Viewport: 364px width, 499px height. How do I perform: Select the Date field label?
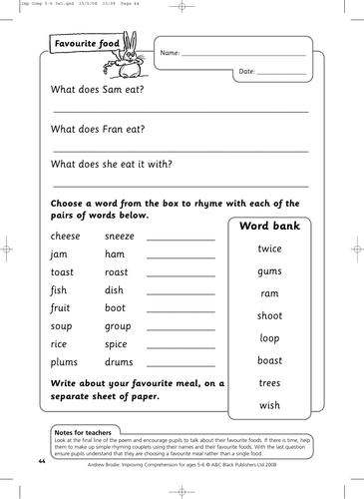click(248, 73)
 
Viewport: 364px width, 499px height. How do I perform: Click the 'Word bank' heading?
click(269, 226)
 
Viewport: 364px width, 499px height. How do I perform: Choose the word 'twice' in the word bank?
click(269, 249)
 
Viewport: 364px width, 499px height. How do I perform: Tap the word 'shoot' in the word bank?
click(269, 315)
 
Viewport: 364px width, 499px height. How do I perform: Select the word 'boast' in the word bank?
click(269, 360)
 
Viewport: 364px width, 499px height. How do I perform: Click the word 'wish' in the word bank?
click(269, 405)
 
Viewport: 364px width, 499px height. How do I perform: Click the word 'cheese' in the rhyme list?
click(66, 236)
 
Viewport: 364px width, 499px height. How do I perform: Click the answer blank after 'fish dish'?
click(181, 293)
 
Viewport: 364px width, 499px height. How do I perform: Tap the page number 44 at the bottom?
click(42, 462)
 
